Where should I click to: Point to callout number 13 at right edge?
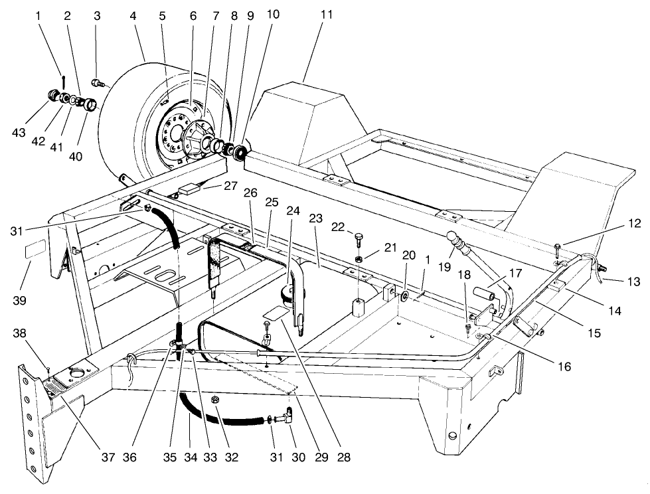tap(633, 282)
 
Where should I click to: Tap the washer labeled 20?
tap(404, 275)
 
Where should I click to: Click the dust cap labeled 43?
tap(51, 97)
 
